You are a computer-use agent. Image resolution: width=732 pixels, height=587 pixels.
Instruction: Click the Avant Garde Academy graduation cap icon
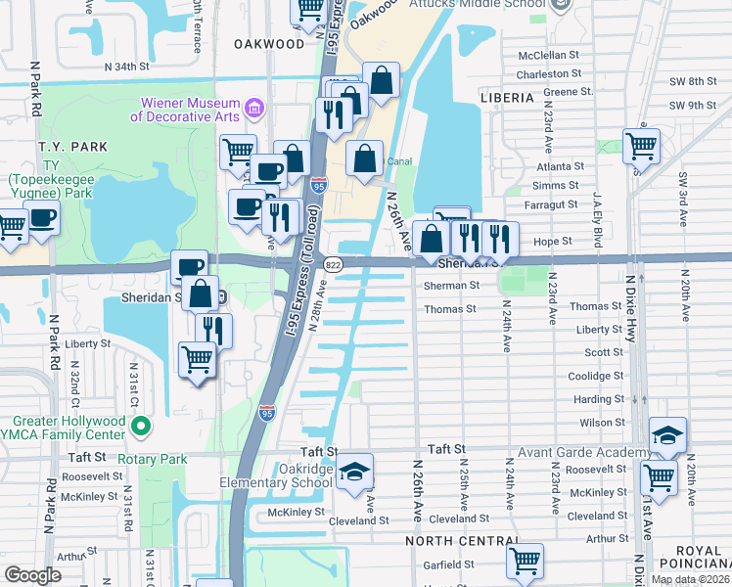667,434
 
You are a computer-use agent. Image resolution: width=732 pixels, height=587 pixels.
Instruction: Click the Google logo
32,575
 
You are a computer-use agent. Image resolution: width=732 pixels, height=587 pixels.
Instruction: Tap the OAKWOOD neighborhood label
269,44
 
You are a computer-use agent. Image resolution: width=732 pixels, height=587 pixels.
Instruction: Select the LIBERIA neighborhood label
507,98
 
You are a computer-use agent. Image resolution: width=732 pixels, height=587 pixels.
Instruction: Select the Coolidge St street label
597,376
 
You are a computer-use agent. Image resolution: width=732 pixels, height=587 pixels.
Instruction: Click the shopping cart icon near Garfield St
525,561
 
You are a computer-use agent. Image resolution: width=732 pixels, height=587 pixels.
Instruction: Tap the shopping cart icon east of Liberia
641,146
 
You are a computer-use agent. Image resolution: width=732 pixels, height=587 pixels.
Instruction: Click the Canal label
400,161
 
